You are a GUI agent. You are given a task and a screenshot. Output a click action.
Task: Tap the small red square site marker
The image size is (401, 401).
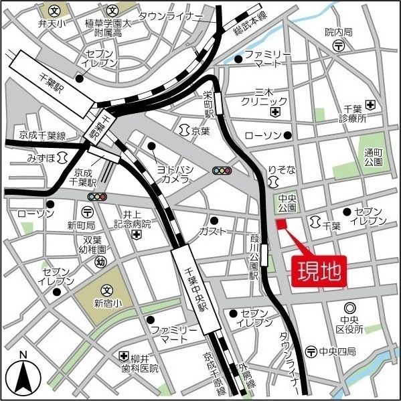[280, 224]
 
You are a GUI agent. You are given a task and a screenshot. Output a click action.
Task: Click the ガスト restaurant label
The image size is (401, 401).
[212, 232]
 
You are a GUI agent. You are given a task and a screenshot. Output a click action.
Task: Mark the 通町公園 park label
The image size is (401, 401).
[374, 157]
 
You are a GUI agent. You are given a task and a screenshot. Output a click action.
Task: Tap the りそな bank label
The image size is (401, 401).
[281, 171]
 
